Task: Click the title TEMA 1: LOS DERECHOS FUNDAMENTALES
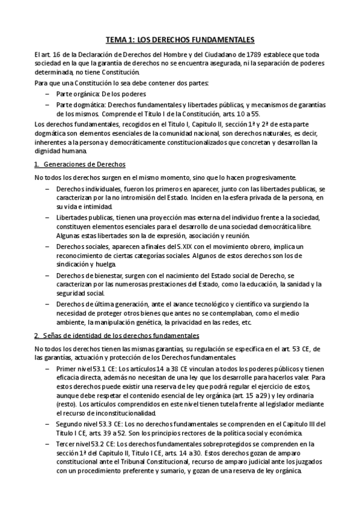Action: click(180, 40)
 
